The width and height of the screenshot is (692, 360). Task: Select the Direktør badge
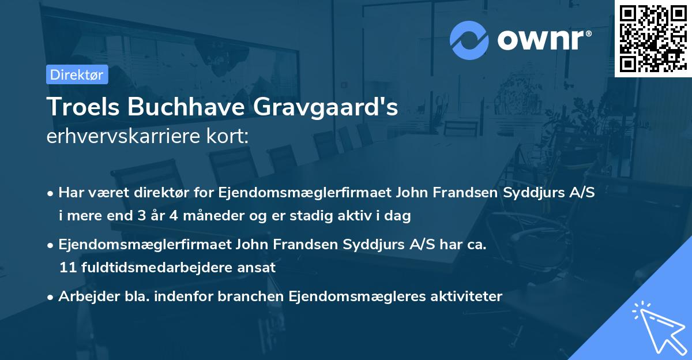pyautogui.click(x=77, y=74)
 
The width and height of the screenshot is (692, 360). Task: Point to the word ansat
pyautogui.click(x=260, y=268)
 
